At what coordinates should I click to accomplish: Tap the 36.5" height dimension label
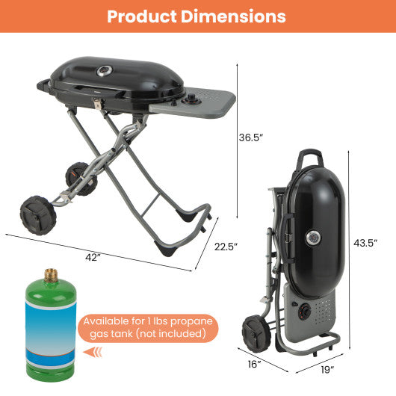[x=250, y=138]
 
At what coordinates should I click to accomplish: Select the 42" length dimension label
[x=93, y=258]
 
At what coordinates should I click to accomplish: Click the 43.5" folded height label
[x=365, y=243]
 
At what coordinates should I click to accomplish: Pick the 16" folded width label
[x=254, y=364]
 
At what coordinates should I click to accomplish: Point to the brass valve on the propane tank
[x=51, y=275]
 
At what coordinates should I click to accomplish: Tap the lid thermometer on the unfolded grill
[x=104, y=72]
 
